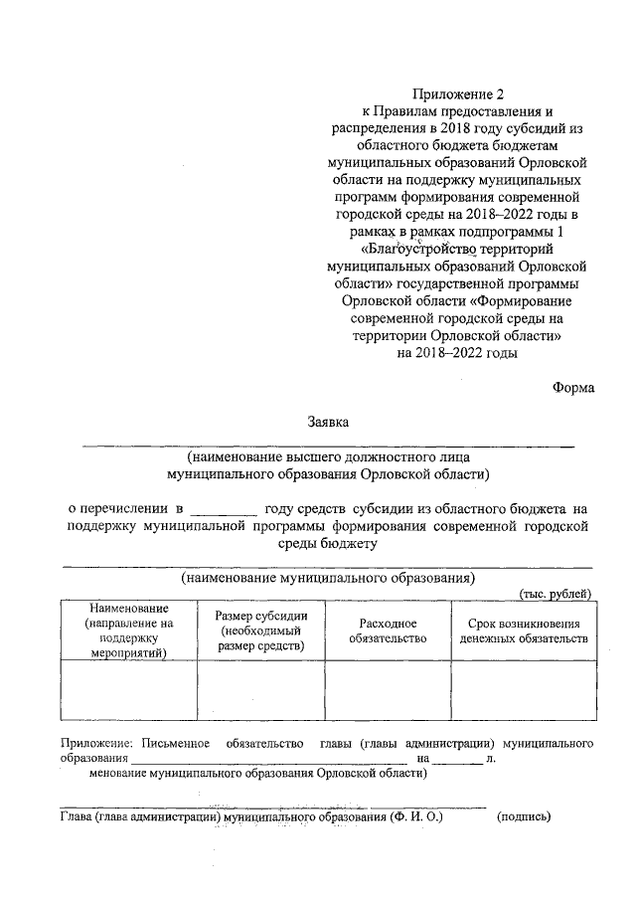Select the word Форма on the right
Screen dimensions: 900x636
(x=572, y=389)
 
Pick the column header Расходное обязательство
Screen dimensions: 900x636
(x=388, y=630)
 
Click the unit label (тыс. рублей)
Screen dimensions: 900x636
(x=556, y=594)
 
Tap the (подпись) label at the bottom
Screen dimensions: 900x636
(x=523, y=816)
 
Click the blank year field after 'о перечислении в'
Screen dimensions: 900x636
(x=230, y=508)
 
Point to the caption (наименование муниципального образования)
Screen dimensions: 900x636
(x=327, y=578)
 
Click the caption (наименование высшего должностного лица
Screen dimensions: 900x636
(x=327, y=458)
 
